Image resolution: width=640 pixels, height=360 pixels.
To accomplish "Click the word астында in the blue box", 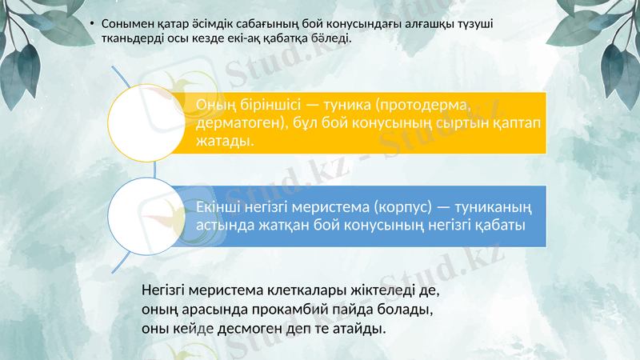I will (226, 225).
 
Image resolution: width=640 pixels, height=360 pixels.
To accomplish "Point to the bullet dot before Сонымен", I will (93, 24).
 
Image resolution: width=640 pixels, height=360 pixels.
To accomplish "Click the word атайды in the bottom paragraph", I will (358, 328).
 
